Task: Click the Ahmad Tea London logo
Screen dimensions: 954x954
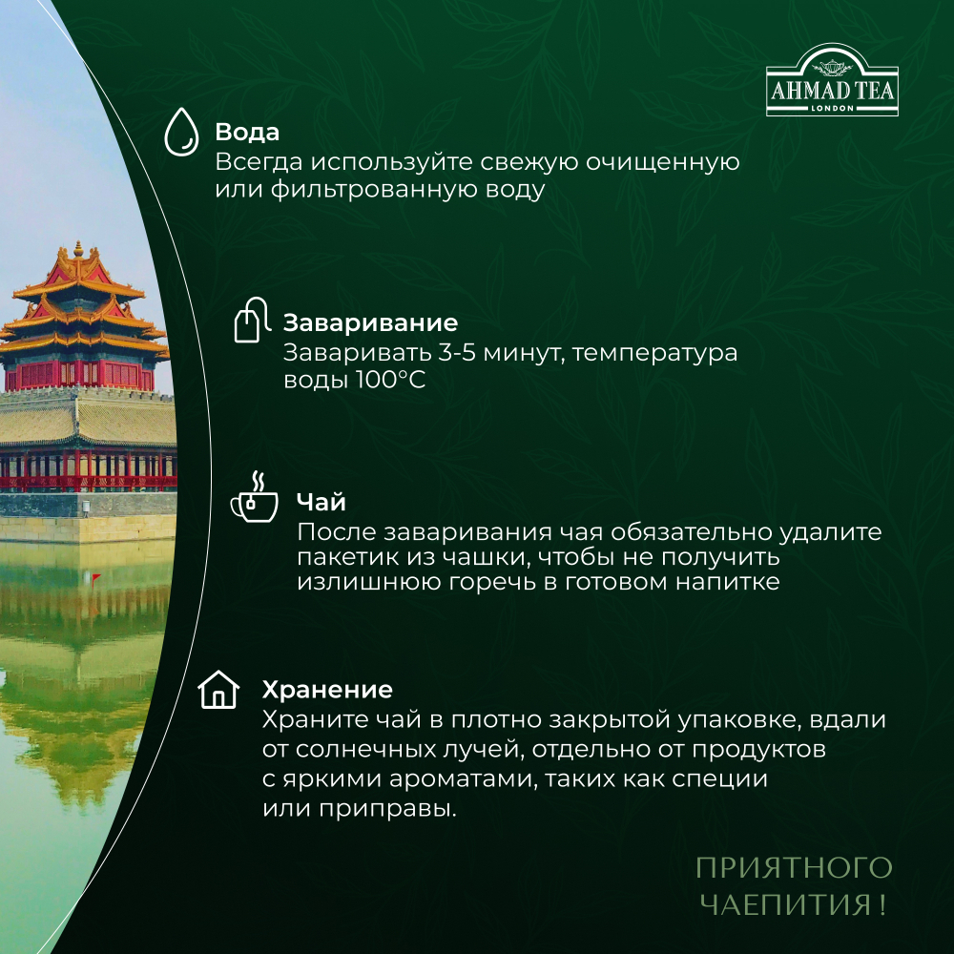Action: click(x=832, y=82)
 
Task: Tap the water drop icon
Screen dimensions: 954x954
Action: click(x=181, y=131)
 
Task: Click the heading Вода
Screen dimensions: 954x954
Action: click(x=247, y=132)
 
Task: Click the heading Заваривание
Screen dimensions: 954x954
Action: click(x=370, y=322)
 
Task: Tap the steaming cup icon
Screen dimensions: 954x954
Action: click(x=254, y=498)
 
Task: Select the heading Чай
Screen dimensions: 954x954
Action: click(x=321, y=502)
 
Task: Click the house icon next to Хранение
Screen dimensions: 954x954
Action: click(x=218, y=689)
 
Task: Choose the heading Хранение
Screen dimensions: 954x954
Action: click(x=327, y=689)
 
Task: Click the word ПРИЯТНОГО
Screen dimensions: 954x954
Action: click(x=793, y=868)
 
